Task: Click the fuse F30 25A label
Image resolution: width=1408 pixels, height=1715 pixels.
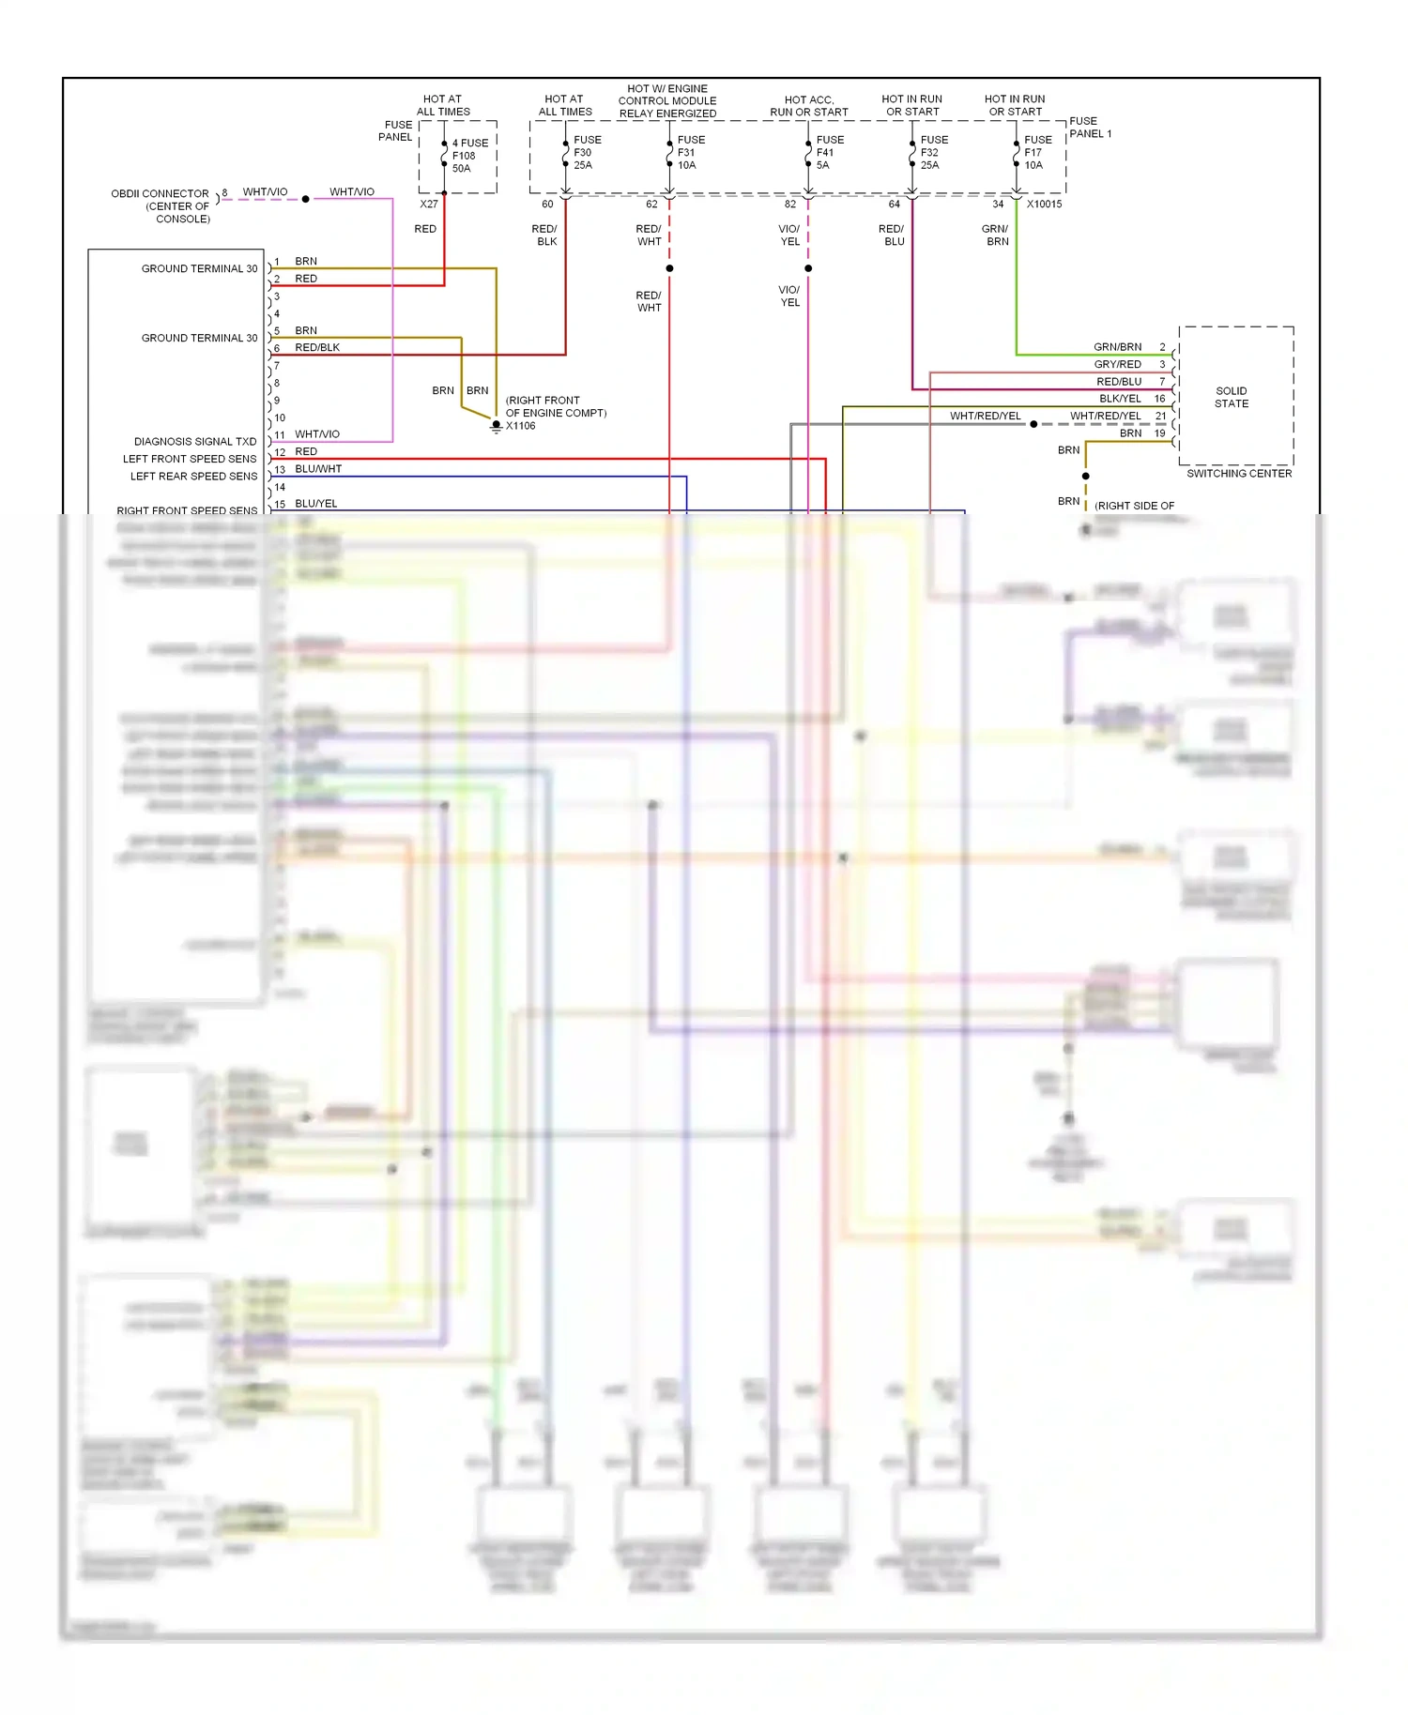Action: [586, 152]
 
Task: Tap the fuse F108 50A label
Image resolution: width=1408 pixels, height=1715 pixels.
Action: [468, 156]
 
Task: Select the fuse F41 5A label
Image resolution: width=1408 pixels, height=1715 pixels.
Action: [829, 152]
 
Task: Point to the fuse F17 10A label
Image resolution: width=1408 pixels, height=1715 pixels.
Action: [1036, 152]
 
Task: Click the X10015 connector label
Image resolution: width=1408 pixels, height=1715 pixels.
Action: [1044, 204]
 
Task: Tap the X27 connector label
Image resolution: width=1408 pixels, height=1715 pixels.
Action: [428, 204]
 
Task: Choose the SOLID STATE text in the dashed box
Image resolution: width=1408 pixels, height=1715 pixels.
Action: [1231, 397]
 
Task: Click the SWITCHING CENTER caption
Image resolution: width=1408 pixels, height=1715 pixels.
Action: [1238, 474]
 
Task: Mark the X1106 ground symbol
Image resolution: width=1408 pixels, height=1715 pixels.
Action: [497, 427]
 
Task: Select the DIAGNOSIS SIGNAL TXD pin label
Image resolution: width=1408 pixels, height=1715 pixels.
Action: [195, 441]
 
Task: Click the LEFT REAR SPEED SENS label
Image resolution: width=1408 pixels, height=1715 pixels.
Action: [193, 476]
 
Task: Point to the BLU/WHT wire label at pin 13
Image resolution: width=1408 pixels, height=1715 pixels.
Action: [318, 468]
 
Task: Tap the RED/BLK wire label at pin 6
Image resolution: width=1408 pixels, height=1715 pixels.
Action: [317, 347]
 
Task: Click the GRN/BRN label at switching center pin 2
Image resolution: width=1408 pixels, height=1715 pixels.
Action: [1117, 346]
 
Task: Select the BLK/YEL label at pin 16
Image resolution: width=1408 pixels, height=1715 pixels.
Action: [1120, 399]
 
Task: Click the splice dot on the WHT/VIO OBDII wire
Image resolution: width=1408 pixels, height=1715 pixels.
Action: [305, 199]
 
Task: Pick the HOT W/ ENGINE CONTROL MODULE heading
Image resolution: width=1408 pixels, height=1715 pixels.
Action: [667, 100]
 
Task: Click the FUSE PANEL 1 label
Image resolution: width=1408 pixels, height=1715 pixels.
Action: [1089, 128]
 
